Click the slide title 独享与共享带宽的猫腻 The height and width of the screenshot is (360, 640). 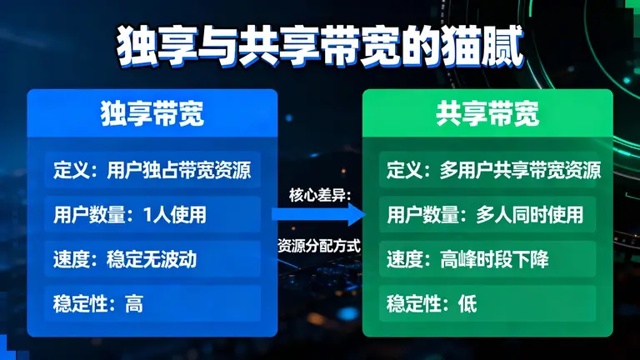coord(320,47)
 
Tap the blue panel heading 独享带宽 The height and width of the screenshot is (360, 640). coord(152,113)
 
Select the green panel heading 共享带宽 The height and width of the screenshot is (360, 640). coord(487,113)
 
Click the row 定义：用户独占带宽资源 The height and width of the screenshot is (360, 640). coord(152,171)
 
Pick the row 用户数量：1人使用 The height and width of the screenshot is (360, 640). coord(152,215)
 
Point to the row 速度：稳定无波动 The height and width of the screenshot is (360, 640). coord(152,259)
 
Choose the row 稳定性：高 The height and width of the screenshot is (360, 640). coord(152,303)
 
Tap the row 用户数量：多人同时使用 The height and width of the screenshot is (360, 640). coord(487,215)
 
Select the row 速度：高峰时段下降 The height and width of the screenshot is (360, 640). coord(487,259)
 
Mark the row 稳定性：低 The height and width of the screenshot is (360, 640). coord(487,303)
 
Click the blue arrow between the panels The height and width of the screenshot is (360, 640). coord(319,215)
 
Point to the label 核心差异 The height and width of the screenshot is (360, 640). coord(319,194)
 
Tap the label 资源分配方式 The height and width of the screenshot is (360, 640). coord(319,245)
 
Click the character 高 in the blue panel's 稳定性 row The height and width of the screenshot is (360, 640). coord(133,303)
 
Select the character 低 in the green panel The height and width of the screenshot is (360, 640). coord(467,303)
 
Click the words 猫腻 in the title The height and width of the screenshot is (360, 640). coord(490,47)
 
